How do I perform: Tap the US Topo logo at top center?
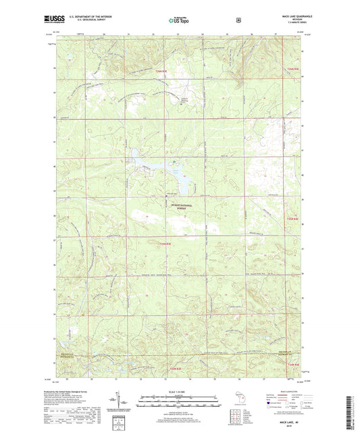pyautogui.click(x=178, y=20)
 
